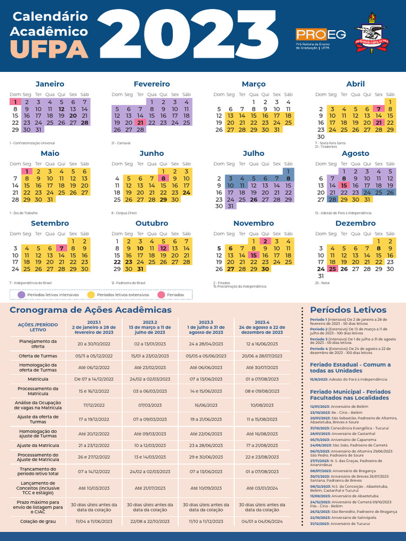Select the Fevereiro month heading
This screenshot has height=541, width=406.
click(x=152, y=84)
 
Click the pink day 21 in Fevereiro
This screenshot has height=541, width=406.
click(x=140, y=122)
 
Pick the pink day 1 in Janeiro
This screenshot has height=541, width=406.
click(x=15, y=102)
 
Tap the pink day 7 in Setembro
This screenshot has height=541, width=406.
click(x=61, y=248)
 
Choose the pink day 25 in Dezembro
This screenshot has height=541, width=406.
click(x=332, y=268)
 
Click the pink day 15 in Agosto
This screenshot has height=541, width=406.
click(x=344, y=185)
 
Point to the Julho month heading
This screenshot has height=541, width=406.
click(x=254, y=153)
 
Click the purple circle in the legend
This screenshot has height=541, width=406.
click(x=21, y=294)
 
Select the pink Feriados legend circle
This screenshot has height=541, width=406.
click(x=161, y=294)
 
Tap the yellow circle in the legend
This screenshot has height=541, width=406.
click(x=91, y=294)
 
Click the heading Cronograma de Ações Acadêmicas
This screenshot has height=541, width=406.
click(x=90, y=310)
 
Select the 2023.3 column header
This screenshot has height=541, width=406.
click(x=206, y=327)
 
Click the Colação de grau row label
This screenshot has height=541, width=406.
click(x=38, y=521)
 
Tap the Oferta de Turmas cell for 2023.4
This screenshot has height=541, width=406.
click(x=262, y=356)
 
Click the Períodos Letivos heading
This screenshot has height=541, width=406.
click(x=348, y=310)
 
